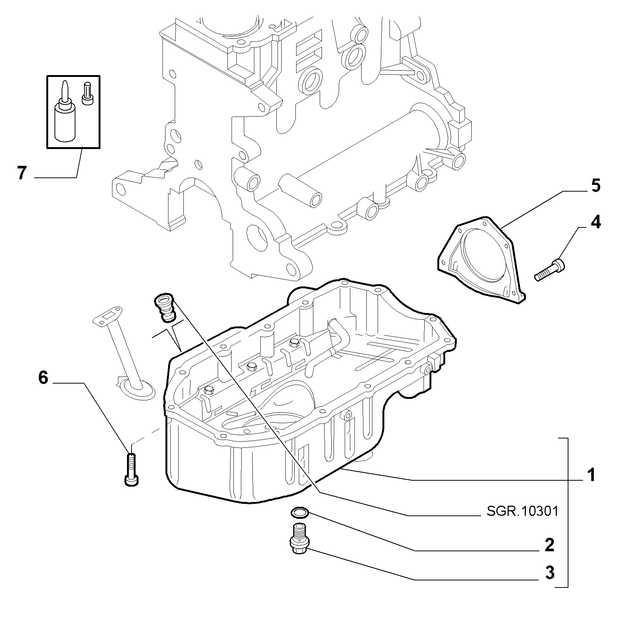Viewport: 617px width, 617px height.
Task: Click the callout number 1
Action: point(590,475)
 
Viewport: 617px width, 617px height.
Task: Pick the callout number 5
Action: point(596,185)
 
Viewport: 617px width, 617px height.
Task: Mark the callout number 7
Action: point(22,173)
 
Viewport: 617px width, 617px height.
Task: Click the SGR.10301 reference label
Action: point(522,511)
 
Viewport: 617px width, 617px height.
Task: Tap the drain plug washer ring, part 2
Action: point(299,513)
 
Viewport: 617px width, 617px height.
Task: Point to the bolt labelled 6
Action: point(131,469)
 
